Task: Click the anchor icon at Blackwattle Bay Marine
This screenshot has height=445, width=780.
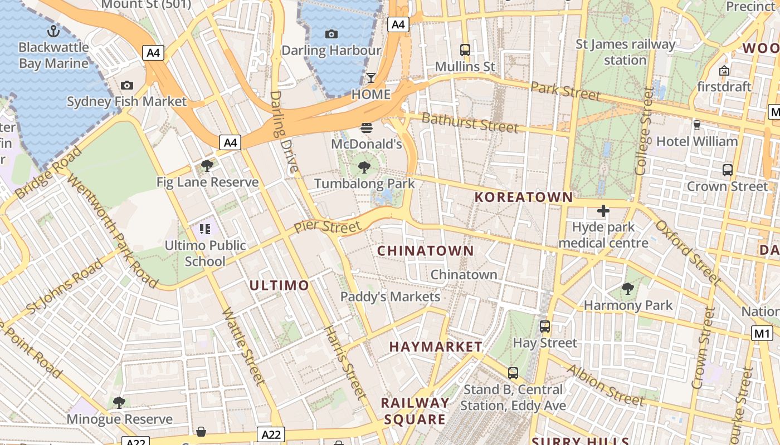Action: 53,31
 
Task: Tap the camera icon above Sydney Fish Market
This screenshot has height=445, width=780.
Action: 127,85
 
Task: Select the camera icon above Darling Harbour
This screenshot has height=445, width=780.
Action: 331,34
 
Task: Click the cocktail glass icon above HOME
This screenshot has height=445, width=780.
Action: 371,77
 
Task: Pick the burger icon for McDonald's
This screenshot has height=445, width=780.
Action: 366,127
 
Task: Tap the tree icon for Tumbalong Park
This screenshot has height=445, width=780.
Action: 364,167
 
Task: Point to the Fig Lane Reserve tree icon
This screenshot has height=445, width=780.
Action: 207,166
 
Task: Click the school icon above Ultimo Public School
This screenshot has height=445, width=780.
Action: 205,229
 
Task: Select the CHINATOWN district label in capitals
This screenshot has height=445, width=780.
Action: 426,251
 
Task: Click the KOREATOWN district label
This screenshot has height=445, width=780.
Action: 523,197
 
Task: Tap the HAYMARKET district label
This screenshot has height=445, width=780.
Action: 436,347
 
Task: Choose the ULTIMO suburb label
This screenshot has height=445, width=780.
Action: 279,286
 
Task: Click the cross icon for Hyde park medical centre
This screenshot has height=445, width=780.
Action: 603,211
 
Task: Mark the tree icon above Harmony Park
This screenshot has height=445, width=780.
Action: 628,289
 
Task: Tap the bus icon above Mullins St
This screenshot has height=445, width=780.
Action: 465,50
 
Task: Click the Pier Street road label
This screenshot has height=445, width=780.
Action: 327,227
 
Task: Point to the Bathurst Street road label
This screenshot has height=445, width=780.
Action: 470,122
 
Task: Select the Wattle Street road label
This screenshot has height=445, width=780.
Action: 243,345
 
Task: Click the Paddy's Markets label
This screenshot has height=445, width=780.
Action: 390,296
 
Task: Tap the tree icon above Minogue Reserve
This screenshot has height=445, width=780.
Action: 119,402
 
